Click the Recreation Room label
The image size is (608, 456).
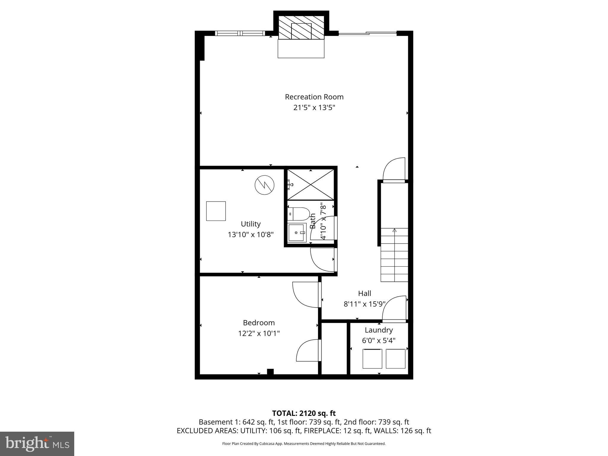tap(314, 97)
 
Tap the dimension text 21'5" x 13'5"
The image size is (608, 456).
tap(314, 107)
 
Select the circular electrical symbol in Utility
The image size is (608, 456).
tap(264, 185)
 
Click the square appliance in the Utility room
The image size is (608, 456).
tap(216, 211)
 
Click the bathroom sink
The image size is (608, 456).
tap(297, 233)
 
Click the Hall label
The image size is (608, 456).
tap(365, 293)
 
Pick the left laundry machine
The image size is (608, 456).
tap(372, 359)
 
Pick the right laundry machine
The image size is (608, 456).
tap(395, 359)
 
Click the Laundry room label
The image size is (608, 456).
tap(379, 330)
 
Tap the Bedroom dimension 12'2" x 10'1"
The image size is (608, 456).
tap(259, 333)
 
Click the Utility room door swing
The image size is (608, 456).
tap(323, 259)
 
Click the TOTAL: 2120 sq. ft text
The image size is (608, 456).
tap(304, 413)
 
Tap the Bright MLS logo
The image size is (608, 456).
tap(37, 444)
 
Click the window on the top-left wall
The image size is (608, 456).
tap(239, 33)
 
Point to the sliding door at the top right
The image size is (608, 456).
tap(368, 34)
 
